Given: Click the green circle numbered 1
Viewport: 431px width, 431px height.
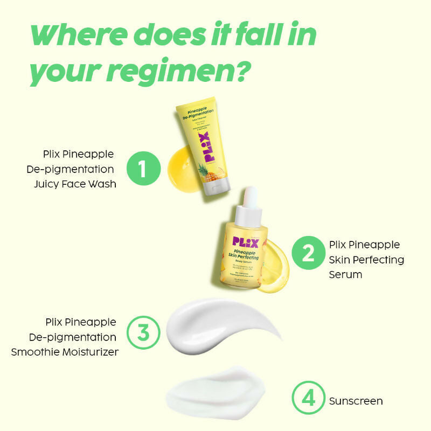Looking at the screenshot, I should tap(144, 169).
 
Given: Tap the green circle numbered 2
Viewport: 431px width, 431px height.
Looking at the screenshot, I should tap(309, 253).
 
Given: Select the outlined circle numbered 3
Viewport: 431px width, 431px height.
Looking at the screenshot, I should tap(143, 332).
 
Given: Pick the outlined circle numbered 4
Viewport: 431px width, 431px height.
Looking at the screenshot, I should tap(309, 399).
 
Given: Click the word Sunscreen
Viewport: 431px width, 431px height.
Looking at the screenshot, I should tap(356, 401).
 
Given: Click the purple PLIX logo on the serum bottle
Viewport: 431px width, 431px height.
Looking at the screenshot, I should tap(246, 241).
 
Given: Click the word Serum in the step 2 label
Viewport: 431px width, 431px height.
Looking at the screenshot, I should tap(345, 274).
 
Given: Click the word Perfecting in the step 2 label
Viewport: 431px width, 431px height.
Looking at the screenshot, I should tap(377, 259).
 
